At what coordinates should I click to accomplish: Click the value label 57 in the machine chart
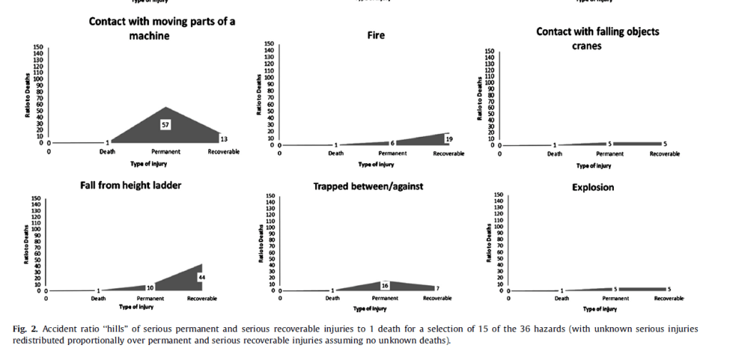(165, 125)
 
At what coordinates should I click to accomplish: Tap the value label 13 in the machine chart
(224, 138)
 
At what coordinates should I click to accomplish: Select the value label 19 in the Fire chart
(449, 138)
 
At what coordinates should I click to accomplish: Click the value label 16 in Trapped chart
(385, 284)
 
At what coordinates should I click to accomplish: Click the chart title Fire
(376, 35)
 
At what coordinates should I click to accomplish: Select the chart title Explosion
(593, 187)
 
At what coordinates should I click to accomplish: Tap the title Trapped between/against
(368, 187)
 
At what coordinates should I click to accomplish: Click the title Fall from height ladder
(130, 186)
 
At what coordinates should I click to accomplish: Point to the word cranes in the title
(587, 46)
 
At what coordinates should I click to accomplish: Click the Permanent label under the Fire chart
(392, 153)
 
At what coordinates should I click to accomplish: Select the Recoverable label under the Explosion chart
(669, 298)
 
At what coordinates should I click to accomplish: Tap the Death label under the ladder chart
(98, 298)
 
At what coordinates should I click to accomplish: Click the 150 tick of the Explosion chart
(498, 195)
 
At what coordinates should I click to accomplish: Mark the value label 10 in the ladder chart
(150, 287)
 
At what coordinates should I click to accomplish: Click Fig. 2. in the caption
(26, 329)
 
